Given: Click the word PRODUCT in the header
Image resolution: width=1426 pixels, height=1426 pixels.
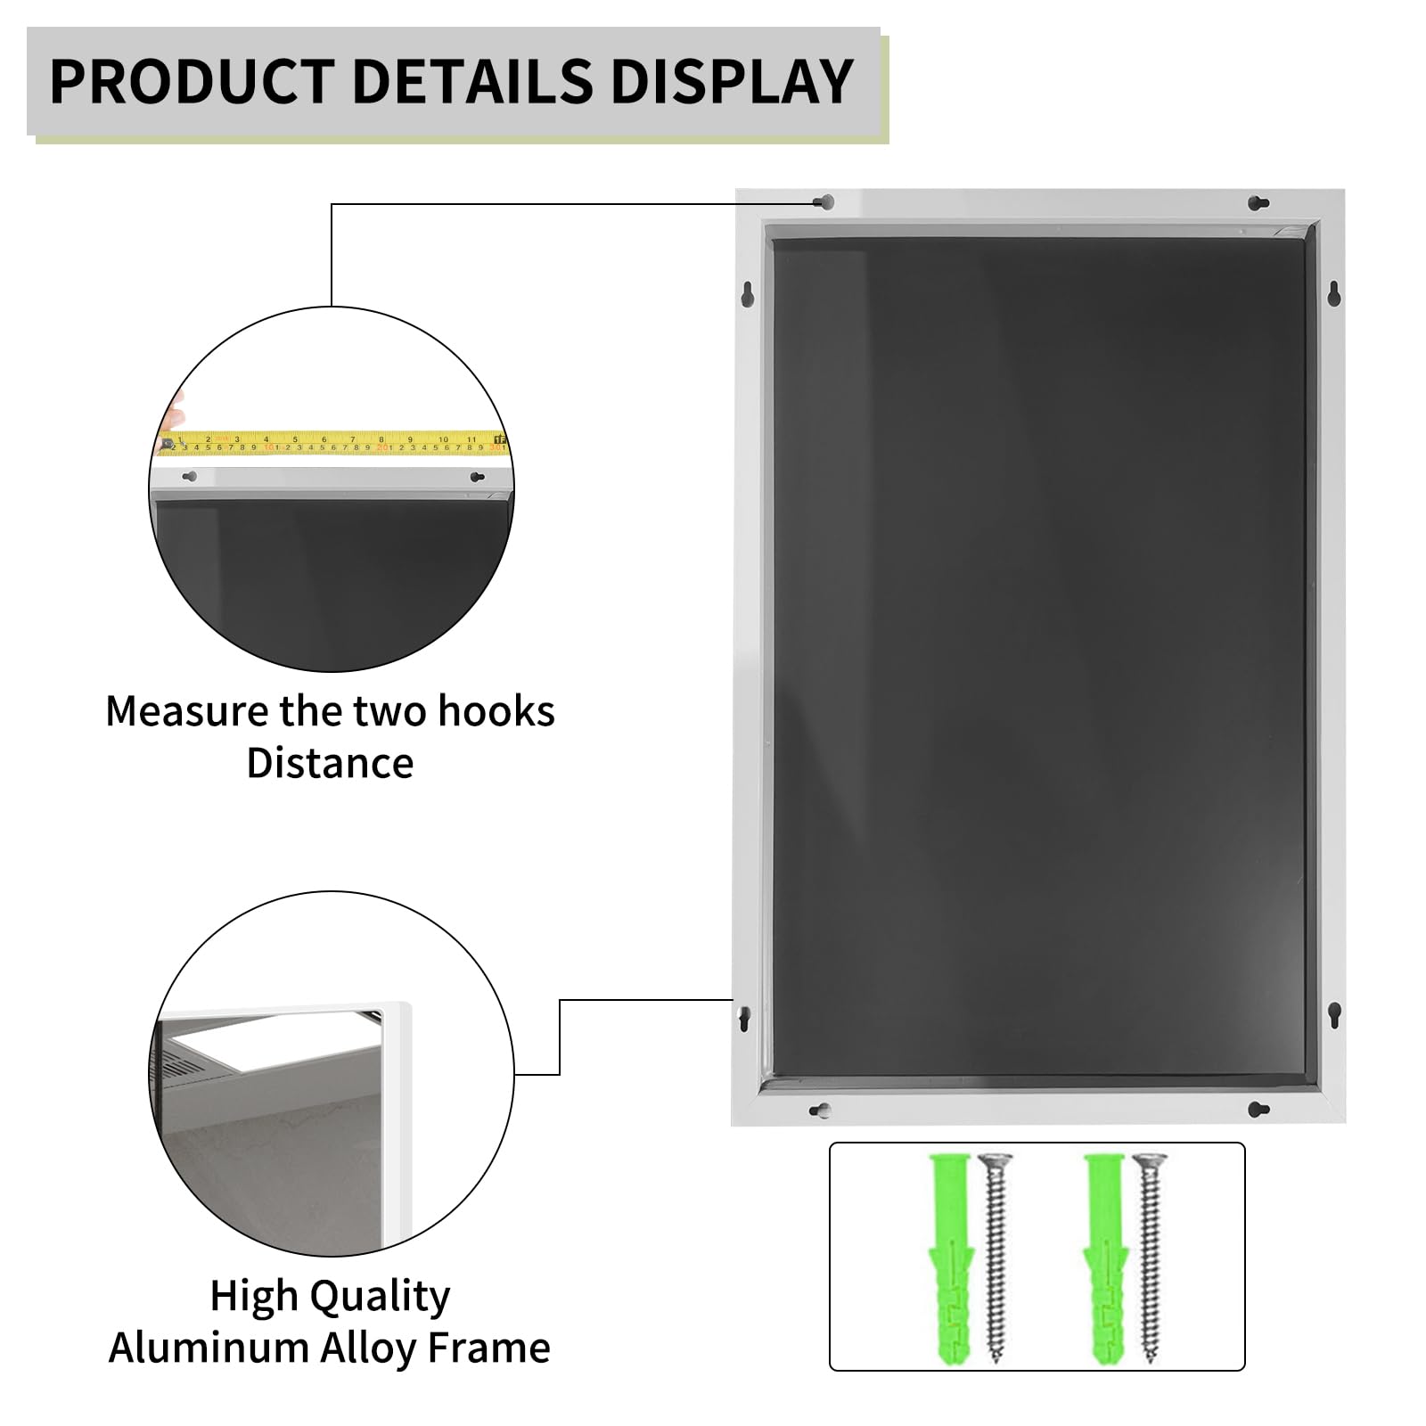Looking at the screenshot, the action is coord(192,81).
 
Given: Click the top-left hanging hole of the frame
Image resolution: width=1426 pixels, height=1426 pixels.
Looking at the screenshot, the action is coord(825,202).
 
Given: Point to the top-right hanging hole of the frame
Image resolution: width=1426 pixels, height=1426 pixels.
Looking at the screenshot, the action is coord(1258,203).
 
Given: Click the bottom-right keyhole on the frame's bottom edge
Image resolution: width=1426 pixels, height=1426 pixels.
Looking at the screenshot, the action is coord(1258,1110).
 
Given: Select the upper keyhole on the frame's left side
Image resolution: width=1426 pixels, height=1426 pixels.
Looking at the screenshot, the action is coord(748,293).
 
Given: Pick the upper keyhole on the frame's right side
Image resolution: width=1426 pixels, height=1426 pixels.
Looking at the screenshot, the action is coord(1333,293).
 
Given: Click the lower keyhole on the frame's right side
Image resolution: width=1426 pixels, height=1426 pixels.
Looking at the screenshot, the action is coord(1334,1014).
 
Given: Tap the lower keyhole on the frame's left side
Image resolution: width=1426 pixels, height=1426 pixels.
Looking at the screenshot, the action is coord(743,1017).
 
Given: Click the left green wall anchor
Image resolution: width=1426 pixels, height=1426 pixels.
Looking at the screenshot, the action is coord(951,1259).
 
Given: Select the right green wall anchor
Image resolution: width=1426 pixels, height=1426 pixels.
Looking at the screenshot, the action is coord(1106,1259).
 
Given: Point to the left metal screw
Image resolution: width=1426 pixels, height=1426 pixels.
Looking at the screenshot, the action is coord(995,1259).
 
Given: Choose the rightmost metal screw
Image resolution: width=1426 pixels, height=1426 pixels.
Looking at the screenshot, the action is coord(1150,1259).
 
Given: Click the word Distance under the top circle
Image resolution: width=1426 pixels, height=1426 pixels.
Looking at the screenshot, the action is coord(330,763).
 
